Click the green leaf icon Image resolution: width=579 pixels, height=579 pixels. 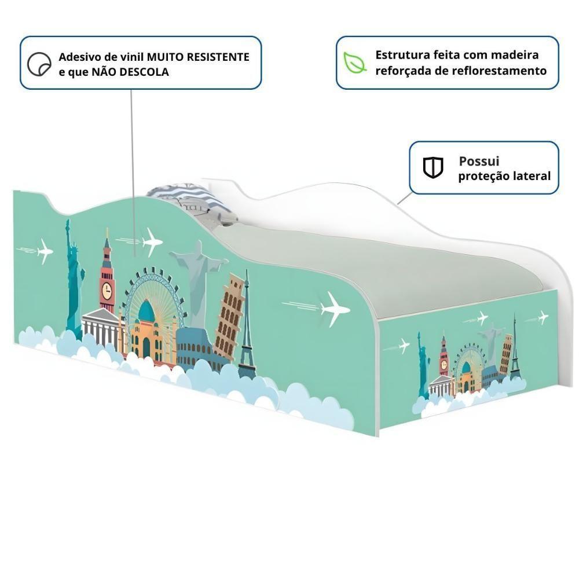(x=354, y=63)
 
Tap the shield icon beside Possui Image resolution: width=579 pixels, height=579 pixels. (x=433, y=168)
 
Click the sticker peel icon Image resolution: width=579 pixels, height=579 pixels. (x=39, y=64)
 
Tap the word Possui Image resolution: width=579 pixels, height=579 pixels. (x=479, y=162)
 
